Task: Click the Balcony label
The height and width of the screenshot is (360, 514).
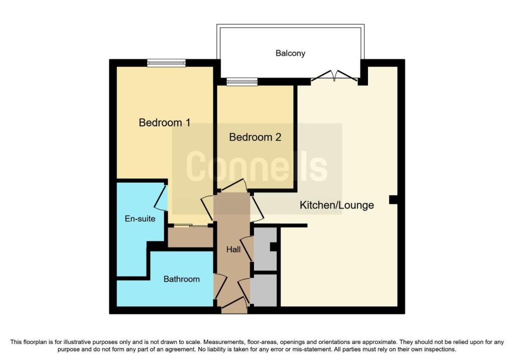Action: pyautogui.click(x=290, y=53)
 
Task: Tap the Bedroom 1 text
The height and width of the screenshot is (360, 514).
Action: pyautogui.click(x=164, y=123)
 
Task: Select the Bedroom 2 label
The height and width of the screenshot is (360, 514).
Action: pyautogui.click(x=255, y=137)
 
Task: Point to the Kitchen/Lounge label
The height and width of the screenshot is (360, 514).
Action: pyautogui.click(x=337, y=205)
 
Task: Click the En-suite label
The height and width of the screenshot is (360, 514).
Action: pyautogui.click(x=140, y=219)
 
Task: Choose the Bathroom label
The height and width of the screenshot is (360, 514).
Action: pyautogui.click(x=182, y=279)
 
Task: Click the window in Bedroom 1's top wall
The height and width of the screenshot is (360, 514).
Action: pyautogui.click(x=166, y=63)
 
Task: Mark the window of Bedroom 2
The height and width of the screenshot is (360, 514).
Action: pyautogui.click(x=241, y=81)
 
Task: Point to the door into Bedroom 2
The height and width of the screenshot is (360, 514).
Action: pyautogui.click(x=234, y=186)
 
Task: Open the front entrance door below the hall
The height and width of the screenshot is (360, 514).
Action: pyautogui.click(x=234, y=303)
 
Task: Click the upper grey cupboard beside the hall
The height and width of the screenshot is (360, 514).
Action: pyautogui.click(x=266, y=249)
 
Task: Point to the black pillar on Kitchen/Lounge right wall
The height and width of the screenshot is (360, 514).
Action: pyautogui.click(x=394, y=200)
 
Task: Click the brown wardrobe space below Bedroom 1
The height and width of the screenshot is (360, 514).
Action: pyautogui.click(x=190, y=237)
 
